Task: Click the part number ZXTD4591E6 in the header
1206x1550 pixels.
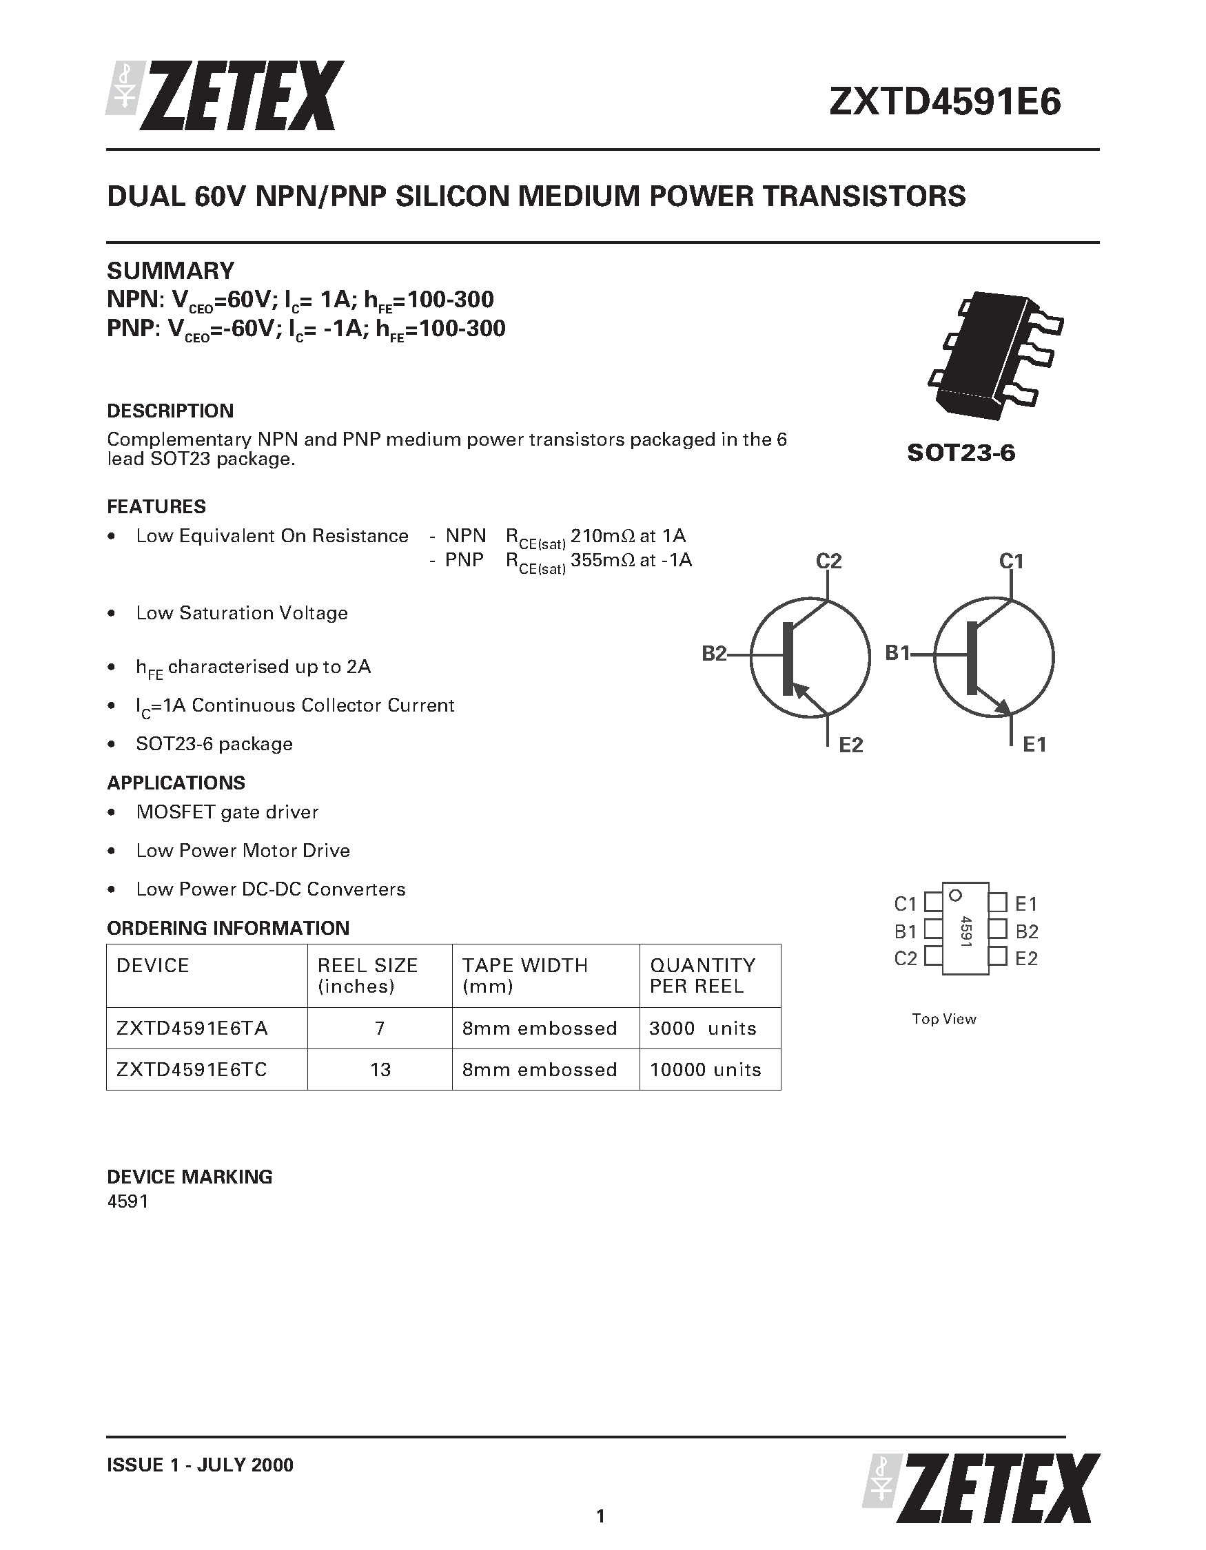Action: (945, 101)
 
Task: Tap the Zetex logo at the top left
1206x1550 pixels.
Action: (226, 96)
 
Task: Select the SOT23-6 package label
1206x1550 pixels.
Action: (961, 453)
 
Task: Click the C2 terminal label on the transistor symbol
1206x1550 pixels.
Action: (828, 561)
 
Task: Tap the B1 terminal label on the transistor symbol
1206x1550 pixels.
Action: (897, 653)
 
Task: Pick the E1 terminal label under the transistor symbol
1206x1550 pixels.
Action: (1034, 745)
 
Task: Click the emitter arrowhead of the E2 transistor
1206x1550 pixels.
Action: (800, 688)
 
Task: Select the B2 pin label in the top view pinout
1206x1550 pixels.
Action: (1026, 931)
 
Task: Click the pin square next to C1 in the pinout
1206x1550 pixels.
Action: (932, 902)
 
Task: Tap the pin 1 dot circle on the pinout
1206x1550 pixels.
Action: (955, 895)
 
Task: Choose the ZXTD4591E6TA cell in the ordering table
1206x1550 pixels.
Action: (192, 1029)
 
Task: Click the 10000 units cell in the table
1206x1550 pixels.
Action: (705, 1070)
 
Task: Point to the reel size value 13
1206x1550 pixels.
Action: (380, 1070)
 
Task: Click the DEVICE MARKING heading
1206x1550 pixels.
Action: (190, 1177)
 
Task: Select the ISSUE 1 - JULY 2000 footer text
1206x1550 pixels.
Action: (199, 1465)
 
